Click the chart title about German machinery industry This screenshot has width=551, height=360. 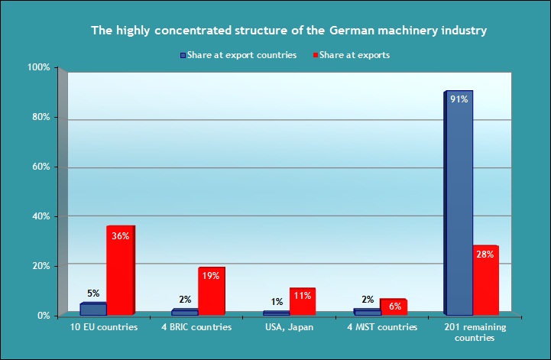coord(289,31)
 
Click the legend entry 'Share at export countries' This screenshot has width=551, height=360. coord(238,55)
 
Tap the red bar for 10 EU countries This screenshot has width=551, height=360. coord(120,271)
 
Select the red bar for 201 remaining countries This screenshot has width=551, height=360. coord(485,281)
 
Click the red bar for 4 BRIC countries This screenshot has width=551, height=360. coord(212,292)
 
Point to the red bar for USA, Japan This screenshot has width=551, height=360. coord(302,302)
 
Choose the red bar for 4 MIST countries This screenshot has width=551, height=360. coord(394,307)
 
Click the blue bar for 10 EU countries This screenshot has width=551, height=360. coord(93,310)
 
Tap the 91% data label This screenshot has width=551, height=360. coord(459,98)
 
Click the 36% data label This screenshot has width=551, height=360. coord(120,236)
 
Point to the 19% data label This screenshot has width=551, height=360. coord(211,276)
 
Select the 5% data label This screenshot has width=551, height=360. coord(93,293)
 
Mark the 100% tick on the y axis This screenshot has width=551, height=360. coord(39,68)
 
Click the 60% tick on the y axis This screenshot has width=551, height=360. coord(41,167)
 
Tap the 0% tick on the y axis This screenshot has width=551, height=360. coord(43,315)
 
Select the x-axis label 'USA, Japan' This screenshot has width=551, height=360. coord(290,327)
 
